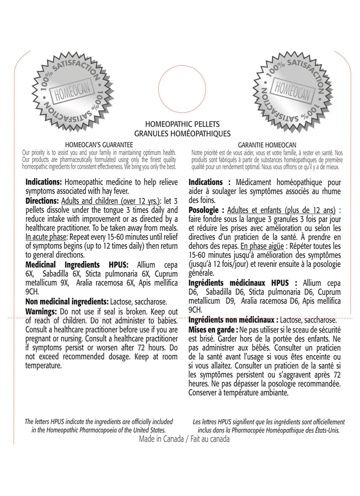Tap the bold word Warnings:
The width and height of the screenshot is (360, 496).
(x=42, y=311)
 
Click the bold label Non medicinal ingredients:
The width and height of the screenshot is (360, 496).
(x=66, y=301)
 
